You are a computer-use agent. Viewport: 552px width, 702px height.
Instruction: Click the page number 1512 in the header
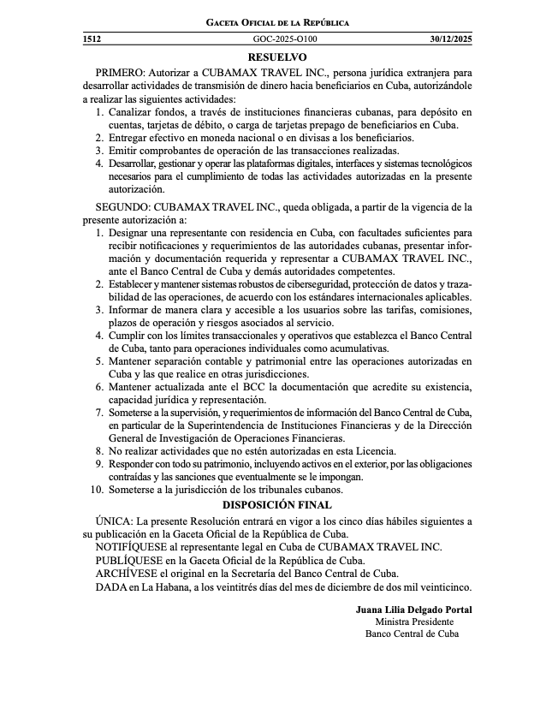pyautogui.click(x=92, y=39)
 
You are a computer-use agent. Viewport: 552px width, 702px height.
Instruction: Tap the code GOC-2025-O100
pyautogui.click(x=285, y=39)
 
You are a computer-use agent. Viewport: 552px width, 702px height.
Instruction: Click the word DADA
pyautogui.click(x=110, y=587)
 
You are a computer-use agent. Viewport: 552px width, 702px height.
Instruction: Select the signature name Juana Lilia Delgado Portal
pyautogui.click(x=413, y=610)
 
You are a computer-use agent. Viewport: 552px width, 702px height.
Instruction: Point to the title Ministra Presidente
pyautogui.click(x=414, y=622)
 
